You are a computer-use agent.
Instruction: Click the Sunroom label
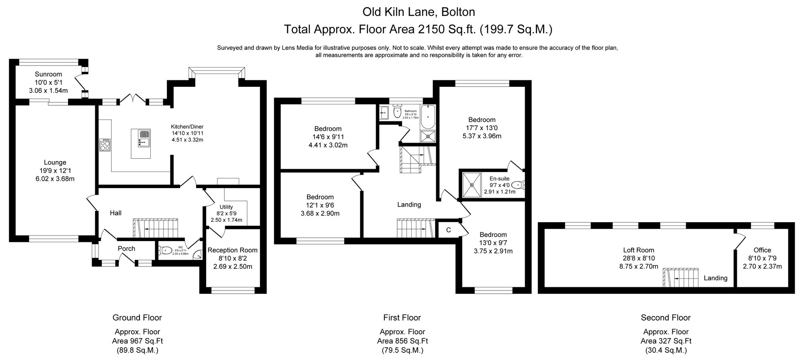[x=48, y=74]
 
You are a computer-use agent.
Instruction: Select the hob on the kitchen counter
[x=105, y=145]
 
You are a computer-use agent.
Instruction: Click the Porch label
[x=126, y=249]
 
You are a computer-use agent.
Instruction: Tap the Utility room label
[x=226, y=207]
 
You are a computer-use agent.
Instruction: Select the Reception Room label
[x=232, y=250]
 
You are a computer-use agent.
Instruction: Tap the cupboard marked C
[x=448, y=230]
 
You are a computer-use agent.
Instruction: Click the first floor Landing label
[x=409, y=205]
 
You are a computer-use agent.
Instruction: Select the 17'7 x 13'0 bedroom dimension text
[x=482, y=128]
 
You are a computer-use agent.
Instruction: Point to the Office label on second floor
[x=762, y=250]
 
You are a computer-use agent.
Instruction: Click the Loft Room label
[x=638, y=250]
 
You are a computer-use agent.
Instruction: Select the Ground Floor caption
[x=137, y=317]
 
